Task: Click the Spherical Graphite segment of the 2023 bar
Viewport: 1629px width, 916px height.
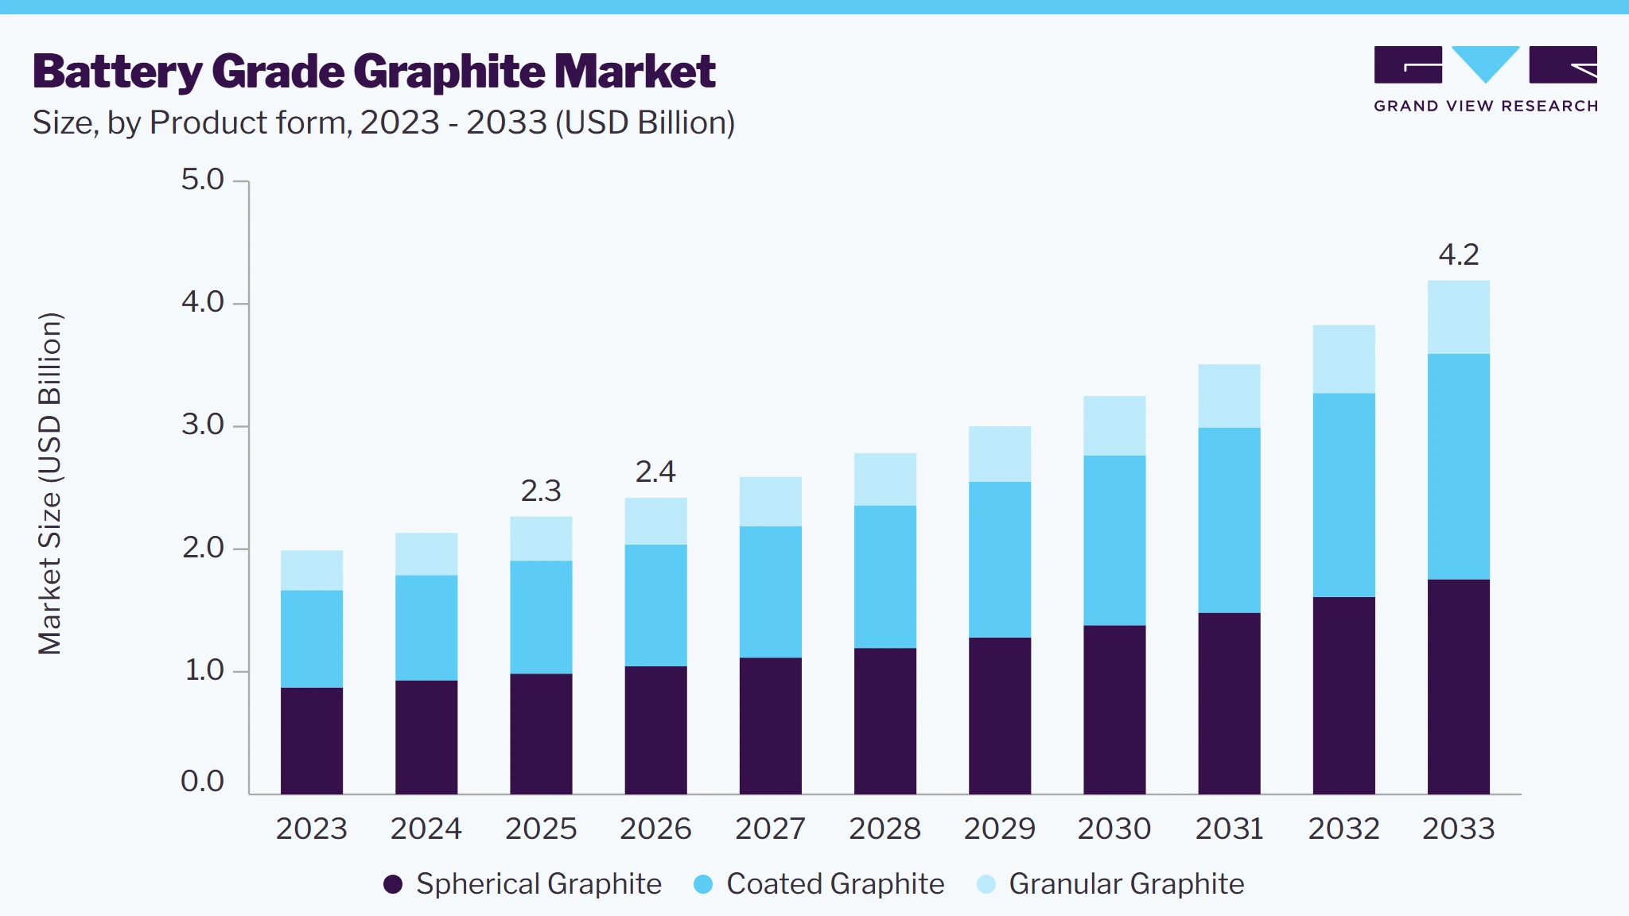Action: (x=312, y=741)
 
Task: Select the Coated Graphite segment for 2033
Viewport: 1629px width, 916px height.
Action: (x=1459, y=467)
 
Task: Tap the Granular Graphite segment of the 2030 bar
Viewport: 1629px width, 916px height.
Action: (x=1114, y=426)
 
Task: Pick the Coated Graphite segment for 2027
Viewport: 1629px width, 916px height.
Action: (x=771, y=592)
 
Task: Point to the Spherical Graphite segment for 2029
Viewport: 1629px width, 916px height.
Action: (x=1000, y=716)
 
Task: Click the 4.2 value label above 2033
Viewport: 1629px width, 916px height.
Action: (x=1459, y=254)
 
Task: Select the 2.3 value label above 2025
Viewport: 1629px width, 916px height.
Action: (x=541, y=491)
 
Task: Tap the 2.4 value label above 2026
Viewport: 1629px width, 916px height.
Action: (x=655, y=472)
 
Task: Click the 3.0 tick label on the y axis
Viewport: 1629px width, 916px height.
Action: (x=203, y=425)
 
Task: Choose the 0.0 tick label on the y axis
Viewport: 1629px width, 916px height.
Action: (x=203, y=781)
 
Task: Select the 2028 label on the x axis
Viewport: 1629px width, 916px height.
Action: (x=885, y=829)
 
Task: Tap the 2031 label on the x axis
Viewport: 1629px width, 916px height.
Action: (x=1229, y=829)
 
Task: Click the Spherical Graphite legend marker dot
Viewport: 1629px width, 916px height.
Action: (x=393, y=884)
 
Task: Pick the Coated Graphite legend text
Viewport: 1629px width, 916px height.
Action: (x=835, y=884)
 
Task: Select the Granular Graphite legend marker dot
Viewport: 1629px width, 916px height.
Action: (x=986, y=884)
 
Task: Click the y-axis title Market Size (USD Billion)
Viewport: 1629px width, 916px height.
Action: (x=49, y=483)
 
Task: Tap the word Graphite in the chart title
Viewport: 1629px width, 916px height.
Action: (x=449, y=72)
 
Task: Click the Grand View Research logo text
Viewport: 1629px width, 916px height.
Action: (x=1486, y=107)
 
